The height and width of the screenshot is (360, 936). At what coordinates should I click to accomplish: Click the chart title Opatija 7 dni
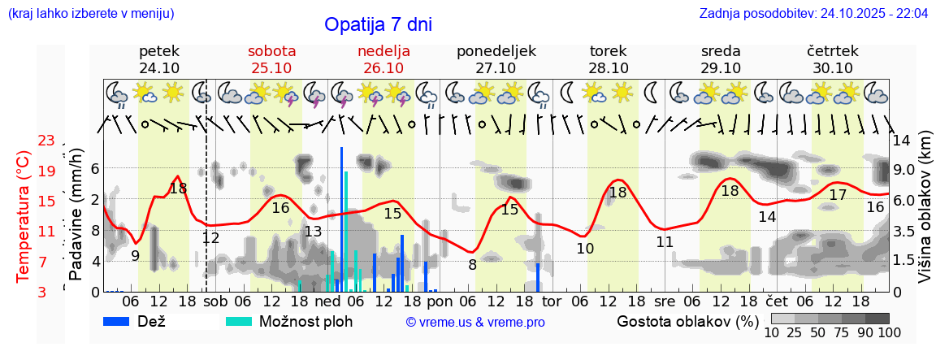point(378,24)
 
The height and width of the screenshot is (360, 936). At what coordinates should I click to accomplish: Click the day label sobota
point(271,51)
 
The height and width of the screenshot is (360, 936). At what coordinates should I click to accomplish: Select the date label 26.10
point(383,68)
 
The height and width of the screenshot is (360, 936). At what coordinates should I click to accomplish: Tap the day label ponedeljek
point(496,51)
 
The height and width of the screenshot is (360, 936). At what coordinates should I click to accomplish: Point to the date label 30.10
point(833,68)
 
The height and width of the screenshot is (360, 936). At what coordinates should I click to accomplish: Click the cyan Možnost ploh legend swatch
point(240,321)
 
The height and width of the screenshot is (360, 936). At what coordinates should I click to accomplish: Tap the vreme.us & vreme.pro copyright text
point(475,322)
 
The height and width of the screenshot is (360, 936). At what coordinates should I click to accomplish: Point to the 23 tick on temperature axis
point(45,141)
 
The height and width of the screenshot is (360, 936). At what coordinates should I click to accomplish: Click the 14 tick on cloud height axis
point(901,140)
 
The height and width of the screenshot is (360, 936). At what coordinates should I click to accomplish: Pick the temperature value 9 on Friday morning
point(135,256)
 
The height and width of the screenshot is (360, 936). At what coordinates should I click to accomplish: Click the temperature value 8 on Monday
point(472,264)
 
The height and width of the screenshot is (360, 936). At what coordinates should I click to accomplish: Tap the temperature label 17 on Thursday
point(838,195)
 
